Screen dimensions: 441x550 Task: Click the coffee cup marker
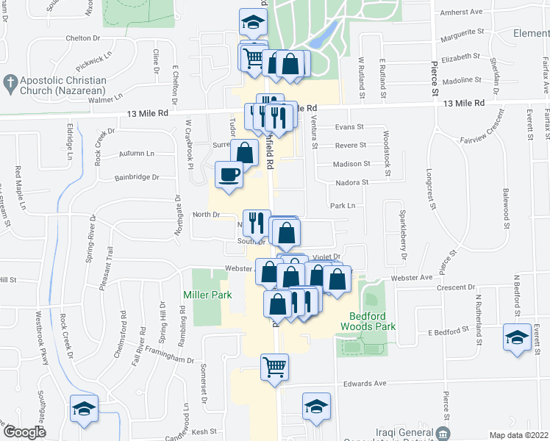click(228, 175)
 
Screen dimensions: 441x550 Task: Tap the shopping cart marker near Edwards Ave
click(275, 366)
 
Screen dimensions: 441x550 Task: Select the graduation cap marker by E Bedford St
click(518, 338)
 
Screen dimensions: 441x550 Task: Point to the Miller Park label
click(207, 295)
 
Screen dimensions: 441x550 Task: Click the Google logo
click(24, 433)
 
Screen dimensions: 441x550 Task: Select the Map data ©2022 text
click(518, 435)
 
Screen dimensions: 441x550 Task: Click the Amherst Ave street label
click(460, 12)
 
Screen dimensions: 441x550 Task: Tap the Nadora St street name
click(349, 182)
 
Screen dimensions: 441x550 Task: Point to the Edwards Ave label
click(365, 384)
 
